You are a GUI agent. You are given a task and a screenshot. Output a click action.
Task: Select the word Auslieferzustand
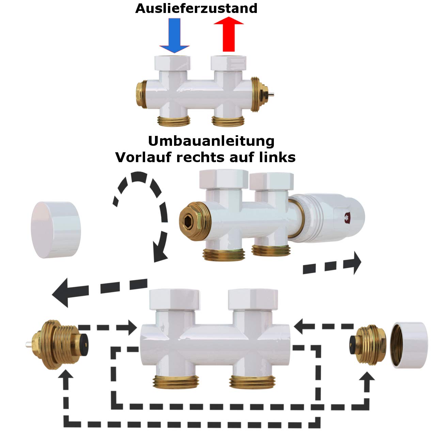click(x=196, y=8)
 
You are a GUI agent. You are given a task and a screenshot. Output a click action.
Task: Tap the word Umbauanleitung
click(x=211, y=141)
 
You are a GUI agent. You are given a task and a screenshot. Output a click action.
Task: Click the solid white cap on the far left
click(x=56, y=230)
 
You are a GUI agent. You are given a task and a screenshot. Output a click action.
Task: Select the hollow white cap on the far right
click(x=408, y=345)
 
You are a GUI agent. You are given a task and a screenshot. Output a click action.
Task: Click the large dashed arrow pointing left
click(x=99, y=290)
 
